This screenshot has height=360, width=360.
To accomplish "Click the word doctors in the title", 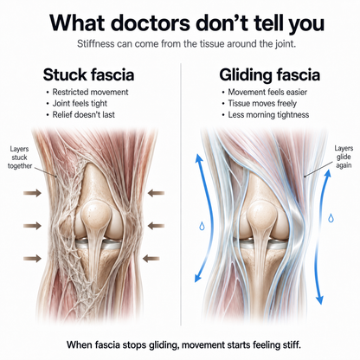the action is click(x=151, y=22).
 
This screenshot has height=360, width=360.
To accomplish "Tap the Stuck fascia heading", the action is click(x=88, y=74).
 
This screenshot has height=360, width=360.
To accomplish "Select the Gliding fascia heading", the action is click(x=269, y=74).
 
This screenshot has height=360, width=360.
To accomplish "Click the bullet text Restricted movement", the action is click(x=90, y=92).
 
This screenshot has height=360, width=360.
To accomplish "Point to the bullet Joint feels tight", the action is click(x=80, y=103).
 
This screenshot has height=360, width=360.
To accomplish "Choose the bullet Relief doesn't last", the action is click(x=83, y=114).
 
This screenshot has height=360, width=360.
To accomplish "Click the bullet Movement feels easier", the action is click(x=267, y=92).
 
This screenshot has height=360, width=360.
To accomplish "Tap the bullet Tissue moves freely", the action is click(x=262, y=103).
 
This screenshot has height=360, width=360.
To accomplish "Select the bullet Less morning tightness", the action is click(x=268, y=115).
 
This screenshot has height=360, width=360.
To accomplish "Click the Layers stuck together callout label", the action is click(x=19, y=157).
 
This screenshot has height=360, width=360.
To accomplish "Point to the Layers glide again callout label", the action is click(x=344, y=157).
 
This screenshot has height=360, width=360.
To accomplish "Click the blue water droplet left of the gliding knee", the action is click(x=202, y=226).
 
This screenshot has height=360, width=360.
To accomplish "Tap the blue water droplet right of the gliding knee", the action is click(x=331, y=218).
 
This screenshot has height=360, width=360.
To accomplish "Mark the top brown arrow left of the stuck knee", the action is click(x=32, y=193).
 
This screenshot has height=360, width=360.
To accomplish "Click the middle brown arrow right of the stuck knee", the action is click(x=156, y=225).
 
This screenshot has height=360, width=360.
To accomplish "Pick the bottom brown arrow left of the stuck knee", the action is click(x=32, y=259).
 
